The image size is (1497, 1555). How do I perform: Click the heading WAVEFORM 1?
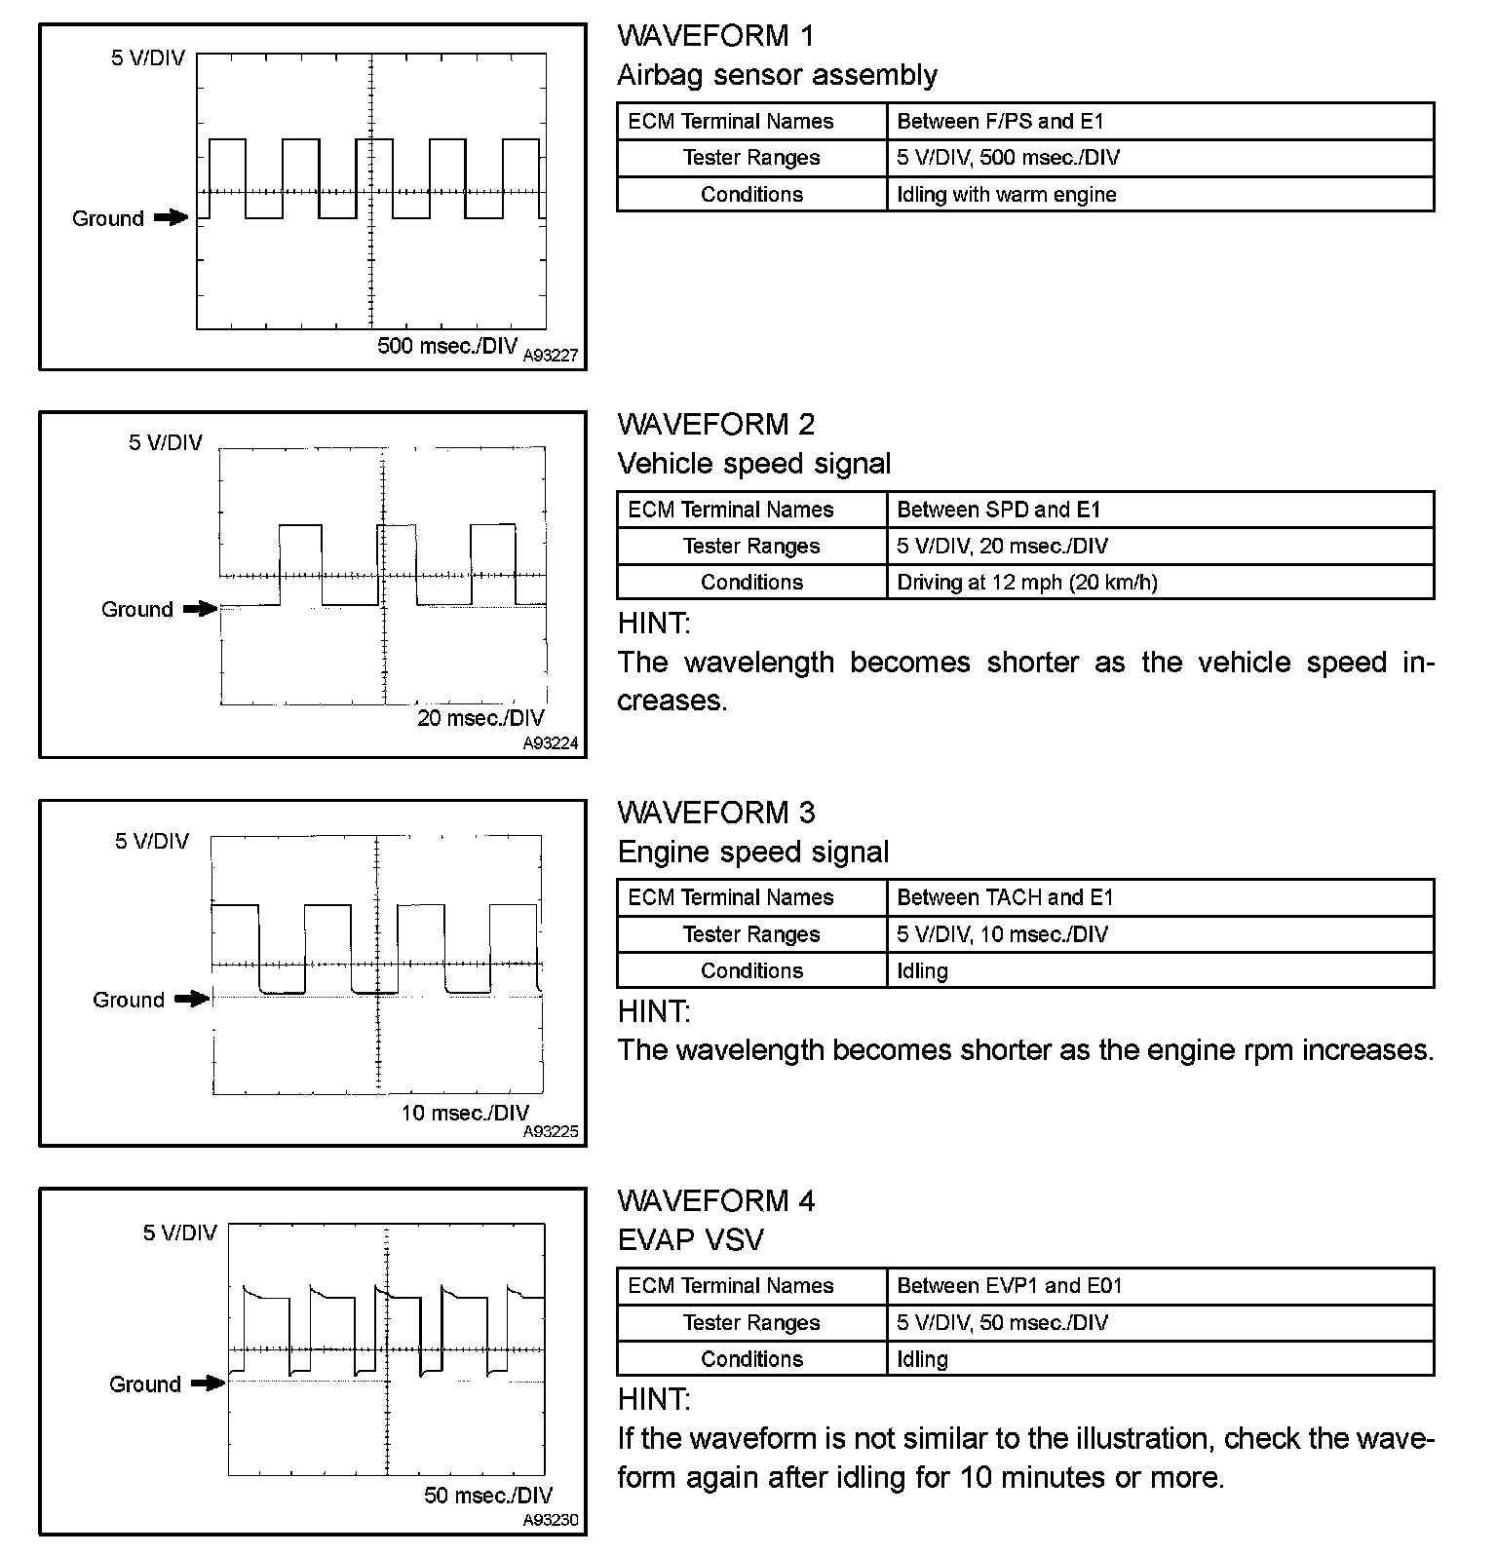[715, 36]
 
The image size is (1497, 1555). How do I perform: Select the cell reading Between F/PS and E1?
[1000, 122]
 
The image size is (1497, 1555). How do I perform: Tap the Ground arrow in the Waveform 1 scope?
[172, 218]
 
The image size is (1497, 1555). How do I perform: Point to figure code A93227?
[551, 357]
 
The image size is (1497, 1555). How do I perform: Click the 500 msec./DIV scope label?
[447, 346]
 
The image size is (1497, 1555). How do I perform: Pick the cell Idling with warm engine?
[1007, 194]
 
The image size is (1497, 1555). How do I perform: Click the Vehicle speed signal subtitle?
[754, 464]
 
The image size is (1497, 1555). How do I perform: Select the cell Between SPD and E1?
[999, 510]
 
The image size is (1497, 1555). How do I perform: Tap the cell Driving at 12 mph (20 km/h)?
[1027, 583]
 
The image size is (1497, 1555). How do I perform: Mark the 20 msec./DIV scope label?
[480, 719]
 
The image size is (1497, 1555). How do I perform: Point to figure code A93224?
[551, 743]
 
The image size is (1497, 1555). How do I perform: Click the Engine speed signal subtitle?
[753, 853]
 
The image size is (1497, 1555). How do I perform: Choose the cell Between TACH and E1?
[1005, 897]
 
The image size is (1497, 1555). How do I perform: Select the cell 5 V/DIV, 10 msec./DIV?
[1003, 934]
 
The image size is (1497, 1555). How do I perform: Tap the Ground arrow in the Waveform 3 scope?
[192, 999]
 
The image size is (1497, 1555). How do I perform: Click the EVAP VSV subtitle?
[691, 1240]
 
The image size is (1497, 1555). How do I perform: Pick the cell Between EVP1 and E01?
[1010, 1286]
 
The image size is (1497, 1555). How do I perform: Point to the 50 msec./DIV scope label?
[488, 1496]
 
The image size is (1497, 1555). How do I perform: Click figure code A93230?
[551, 1521]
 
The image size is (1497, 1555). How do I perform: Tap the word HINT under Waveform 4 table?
[654, 1400]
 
